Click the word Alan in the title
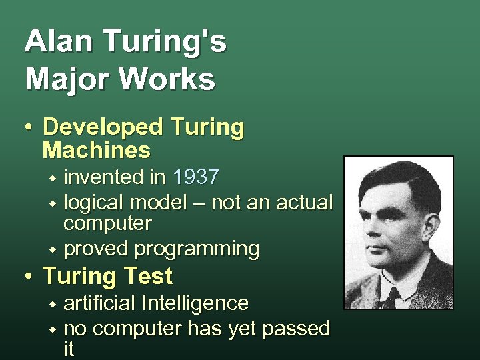54,42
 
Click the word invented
105,177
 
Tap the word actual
303,202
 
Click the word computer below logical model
107,223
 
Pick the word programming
197,249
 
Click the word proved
96,249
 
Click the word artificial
100,303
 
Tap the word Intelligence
195,303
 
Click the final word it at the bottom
69,349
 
